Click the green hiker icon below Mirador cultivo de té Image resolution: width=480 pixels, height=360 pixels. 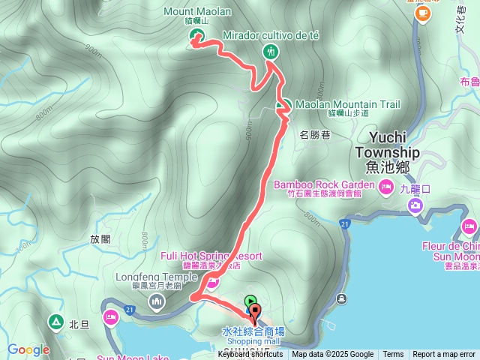pos(271,52)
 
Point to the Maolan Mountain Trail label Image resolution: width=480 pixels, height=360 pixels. pos(347,104)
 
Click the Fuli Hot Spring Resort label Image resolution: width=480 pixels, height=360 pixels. pos(211,256)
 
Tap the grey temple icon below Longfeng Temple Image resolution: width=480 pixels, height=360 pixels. pos(157,301)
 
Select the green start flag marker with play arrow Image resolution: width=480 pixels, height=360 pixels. pos(250,301)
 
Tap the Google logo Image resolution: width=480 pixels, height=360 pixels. pos(28,349)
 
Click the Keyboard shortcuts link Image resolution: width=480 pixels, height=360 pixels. pos(250,355)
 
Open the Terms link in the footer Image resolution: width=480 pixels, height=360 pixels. pos(393,355)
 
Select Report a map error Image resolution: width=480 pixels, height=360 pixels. pos(444,355)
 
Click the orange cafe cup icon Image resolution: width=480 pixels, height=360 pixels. pos(424,12)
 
